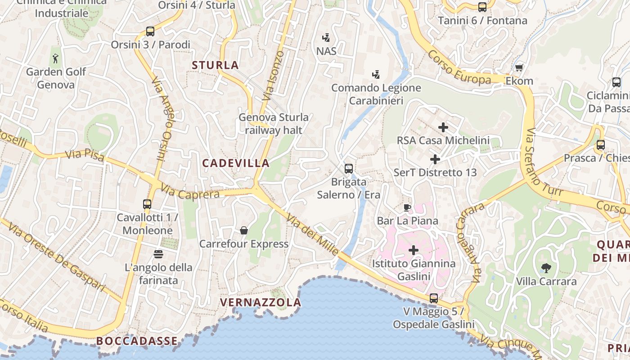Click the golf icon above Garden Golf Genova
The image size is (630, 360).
click(x=55, y=58)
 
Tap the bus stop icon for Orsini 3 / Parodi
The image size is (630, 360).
click(x=150, y=31)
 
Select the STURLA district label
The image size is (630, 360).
click(x=215, y=65)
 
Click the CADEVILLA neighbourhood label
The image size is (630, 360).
click(x=236, y=163)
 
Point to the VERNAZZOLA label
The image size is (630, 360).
click(x=261, y=302)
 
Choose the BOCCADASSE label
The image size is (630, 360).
click(x=137, y=341)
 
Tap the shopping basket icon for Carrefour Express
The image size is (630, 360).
click(x=243, y=230)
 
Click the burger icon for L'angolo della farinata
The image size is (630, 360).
click(x=158, y=254)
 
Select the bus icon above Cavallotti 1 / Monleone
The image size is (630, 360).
click(x=147, y=204)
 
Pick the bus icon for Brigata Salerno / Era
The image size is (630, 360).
click(x=349, y=169)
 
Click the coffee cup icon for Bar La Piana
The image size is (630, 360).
click(x=407, y=207)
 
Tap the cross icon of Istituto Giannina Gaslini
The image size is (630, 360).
click(x=414, y=250)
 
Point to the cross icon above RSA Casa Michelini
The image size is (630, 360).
click(x=443, y=127)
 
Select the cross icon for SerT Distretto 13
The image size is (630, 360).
click(x=435, y=159)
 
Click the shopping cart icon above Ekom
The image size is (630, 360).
click(x=519, y=67)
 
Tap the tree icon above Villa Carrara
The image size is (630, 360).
click(x=546, y=268)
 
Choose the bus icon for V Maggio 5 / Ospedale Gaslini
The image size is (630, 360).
click(x=434, y=298)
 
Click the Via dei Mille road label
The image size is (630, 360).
click(x=312, y=236)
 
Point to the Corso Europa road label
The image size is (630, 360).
click(x=459, y=68)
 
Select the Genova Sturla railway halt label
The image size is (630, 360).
click(x=274, y=124)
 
